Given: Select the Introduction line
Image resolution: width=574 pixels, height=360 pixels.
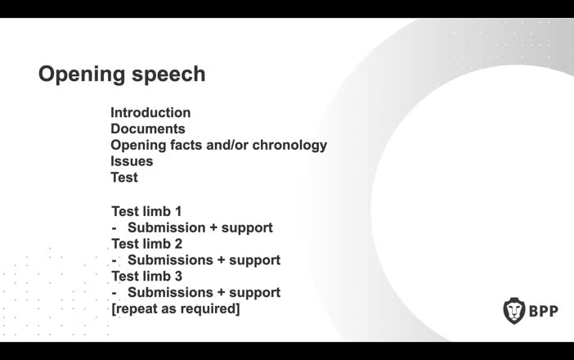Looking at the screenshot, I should pos(150,113).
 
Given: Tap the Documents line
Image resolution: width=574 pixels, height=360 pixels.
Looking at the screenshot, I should pos(148,129).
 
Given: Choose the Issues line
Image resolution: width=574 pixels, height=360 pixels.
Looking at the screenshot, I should pos(132,161).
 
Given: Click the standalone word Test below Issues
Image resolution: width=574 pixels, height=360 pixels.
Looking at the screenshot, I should pos(124,178).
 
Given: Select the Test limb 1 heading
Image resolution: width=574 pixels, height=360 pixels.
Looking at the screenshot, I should pos(146,211).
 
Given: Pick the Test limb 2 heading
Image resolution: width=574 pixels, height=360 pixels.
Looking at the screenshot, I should pos(146,244).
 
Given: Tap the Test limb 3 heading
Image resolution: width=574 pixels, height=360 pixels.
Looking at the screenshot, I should pos(146,277).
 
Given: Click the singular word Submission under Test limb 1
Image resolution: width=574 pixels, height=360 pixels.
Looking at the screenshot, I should pos(166,227).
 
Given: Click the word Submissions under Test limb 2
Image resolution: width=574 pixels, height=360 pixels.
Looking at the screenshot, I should pos(170,260).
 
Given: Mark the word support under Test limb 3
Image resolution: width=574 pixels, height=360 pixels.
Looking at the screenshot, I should pos(254,293).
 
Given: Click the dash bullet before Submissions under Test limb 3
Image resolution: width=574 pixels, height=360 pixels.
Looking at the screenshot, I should pos(114,293).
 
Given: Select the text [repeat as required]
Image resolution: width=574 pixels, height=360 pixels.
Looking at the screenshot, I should pos(175,309).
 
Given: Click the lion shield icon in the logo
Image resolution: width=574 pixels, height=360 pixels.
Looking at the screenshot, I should pos(513,311).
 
